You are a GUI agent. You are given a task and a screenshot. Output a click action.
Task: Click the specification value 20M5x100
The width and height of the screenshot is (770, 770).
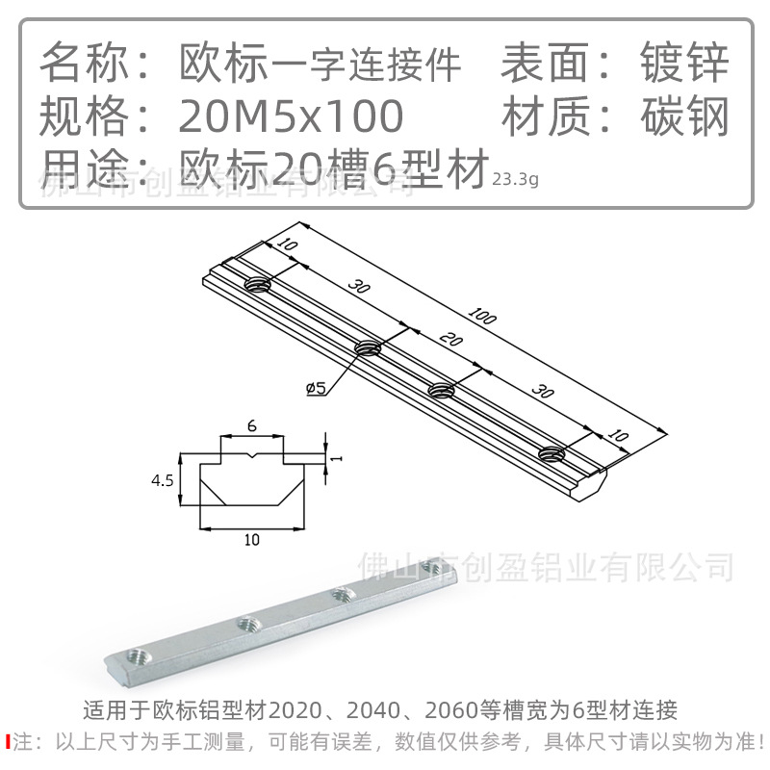pyautogui.click(x=291, y=116)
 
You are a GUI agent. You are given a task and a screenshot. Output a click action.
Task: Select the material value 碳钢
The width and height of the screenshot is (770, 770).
pyautogui.click(x=684, y=116)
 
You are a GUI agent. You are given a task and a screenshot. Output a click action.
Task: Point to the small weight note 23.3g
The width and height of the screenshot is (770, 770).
pyautogui.click(x=515, y=178)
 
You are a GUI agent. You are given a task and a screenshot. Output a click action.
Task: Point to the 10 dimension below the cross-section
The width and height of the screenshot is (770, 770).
pyautogui.click(x=252, y=541)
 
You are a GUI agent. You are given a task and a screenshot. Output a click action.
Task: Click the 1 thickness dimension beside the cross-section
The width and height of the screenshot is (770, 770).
pyautogui.click(x=337, y=458)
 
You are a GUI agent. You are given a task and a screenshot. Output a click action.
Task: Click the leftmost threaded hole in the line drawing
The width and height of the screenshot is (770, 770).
pyautogui.click(x=257, y=284)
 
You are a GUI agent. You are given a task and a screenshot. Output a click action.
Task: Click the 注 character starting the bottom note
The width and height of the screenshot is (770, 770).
pyautogui.click(x=22, y=741)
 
